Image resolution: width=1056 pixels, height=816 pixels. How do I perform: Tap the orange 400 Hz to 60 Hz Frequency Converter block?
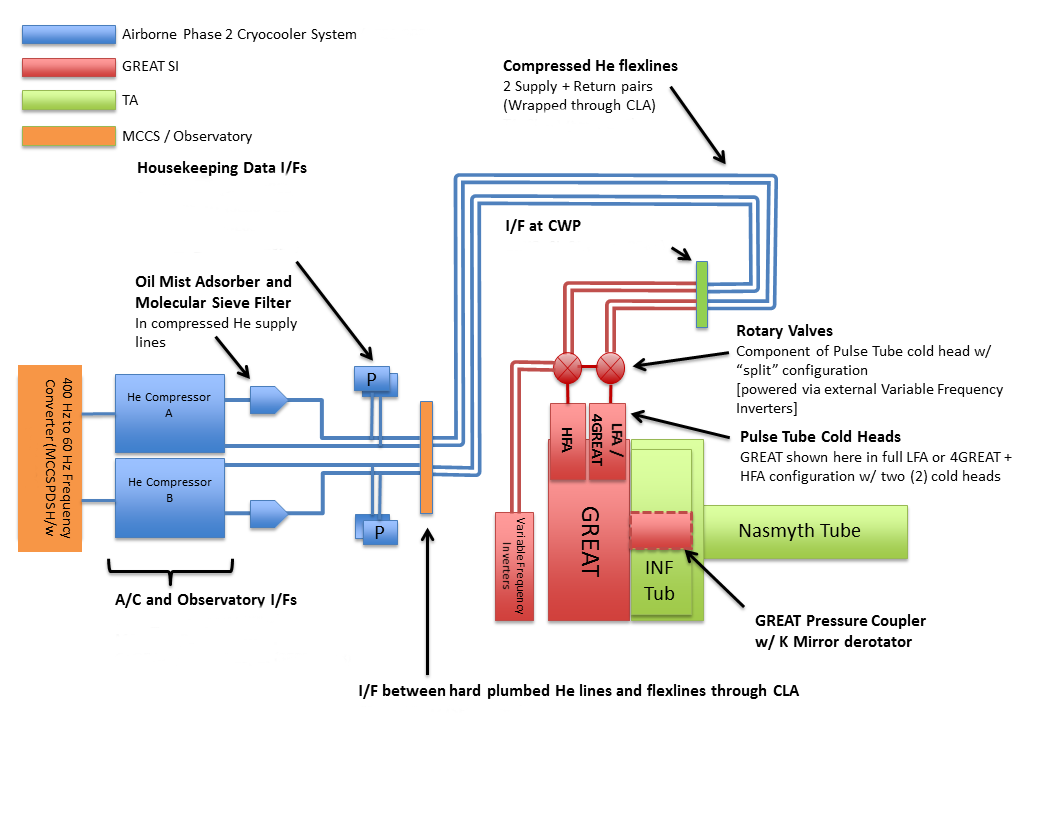click(49, 458)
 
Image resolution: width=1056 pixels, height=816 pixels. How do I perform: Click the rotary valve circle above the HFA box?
click(568, 367)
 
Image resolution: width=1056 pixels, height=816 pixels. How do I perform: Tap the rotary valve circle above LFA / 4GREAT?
click(611, 367)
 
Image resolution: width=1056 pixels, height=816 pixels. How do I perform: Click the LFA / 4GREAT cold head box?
click(608, 428)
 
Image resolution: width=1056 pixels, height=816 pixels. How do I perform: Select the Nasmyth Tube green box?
click(800, 531)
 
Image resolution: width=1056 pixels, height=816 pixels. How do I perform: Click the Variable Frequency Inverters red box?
click(516, 565)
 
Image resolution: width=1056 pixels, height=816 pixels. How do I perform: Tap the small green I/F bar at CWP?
click(702, 294)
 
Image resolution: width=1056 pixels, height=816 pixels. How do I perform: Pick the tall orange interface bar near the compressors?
click(426, 457)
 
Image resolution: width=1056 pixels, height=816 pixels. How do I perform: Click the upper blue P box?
click(372, 379)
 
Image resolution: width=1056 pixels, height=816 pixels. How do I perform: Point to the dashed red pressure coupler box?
click(661, 530)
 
